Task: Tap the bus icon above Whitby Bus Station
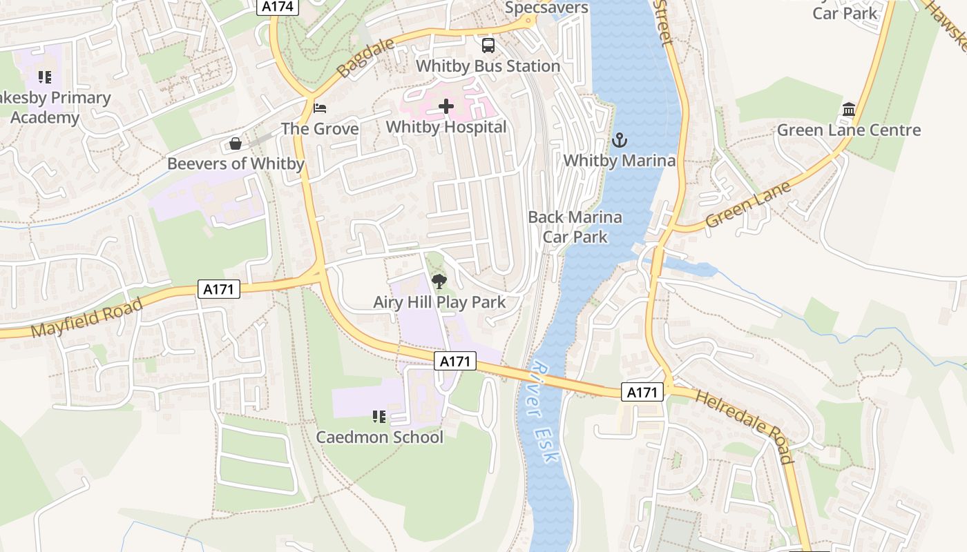488,46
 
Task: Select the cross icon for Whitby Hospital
446,106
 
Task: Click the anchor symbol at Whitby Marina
620,141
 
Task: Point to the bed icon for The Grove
320,108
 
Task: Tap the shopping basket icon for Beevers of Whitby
236,144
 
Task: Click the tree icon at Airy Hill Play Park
439,282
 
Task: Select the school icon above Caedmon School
379,417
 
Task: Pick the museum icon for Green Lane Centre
849,110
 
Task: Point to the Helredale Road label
745,426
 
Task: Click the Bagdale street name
365,58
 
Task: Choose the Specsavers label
546,8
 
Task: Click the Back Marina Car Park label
575,227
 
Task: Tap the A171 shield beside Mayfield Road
219,290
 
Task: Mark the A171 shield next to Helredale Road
642,393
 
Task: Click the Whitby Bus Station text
488,66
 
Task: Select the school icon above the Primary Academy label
45,77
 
